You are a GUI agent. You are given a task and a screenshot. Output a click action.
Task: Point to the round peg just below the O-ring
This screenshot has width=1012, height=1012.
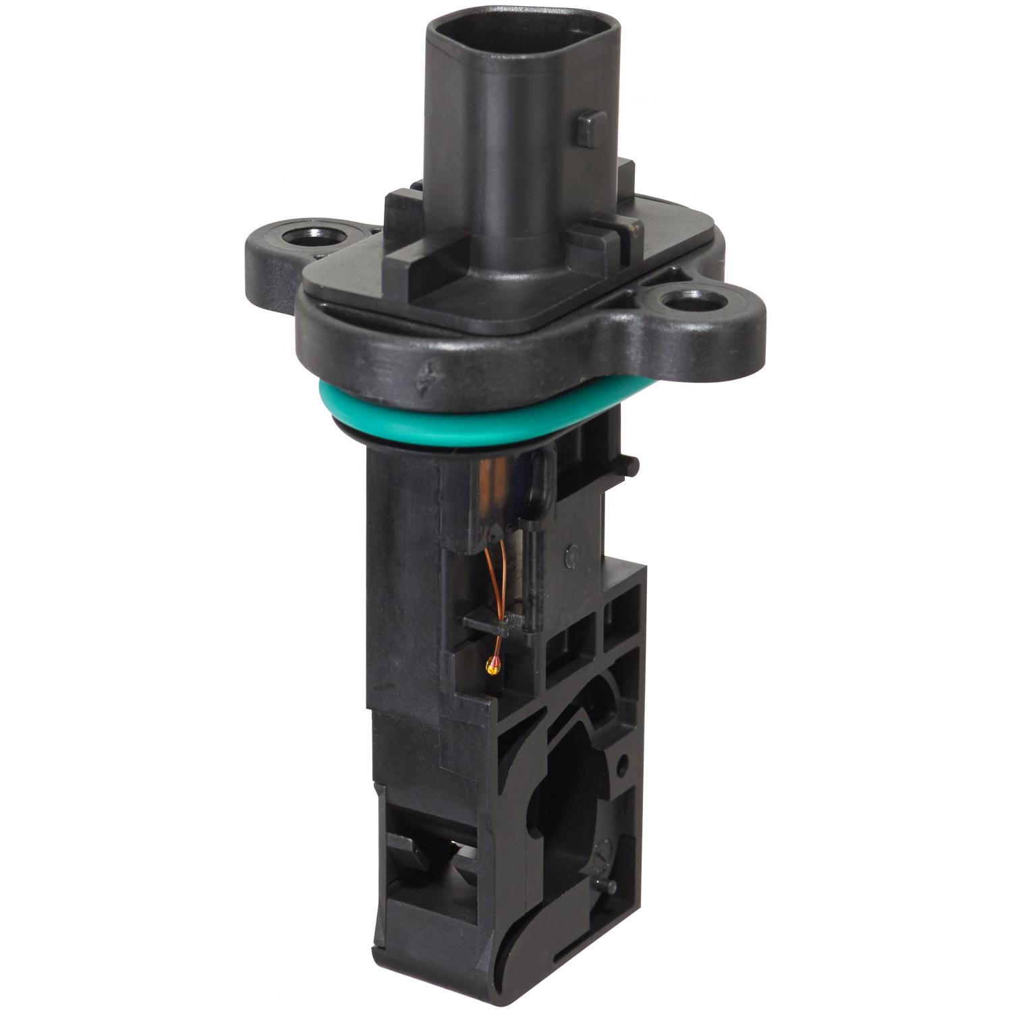(632, 465)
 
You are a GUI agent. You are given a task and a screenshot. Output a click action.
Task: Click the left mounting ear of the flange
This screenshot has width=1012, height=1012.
(283, 250)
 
